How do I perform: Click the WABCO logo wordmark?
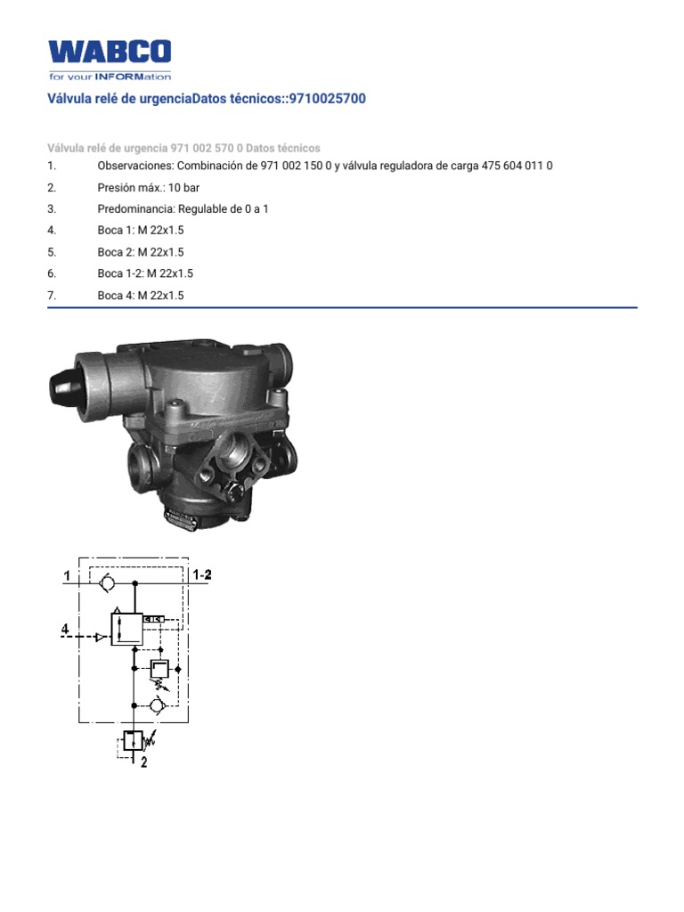(x=110, y=53)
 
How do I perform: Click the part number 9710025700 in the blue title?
(x=322, y=99)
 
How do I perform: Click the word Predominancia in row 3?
(x=134, y=209)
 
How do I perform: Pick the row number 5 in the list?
(x=53, y=252)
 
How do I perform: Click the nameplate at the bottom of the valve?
(x=182, y=518)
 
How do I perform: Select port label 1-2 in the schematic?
(x=202, y=575)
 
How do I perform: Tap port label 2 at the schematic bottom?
(x=143, y=762)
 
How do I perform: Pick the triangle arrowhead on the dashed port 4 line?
(x=100, y=637)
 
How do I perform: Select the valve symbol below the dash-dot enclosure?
(x=132, y=741)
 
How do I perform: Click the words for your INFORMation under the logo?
(x=110, y=77)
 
